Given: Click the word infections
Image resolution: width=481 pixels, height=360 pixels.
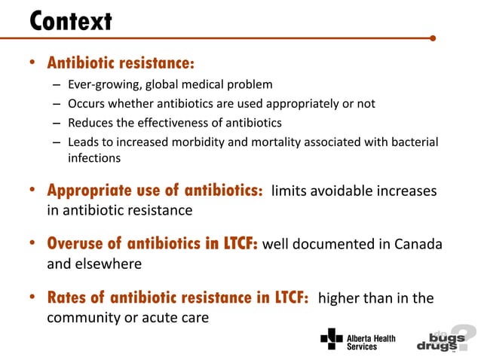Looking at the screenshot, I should pyautogui.click(x=94, y=159).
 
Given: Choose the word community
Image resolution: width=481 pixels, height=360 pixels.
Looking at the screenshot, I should pyautogui.click(x=84, y=318).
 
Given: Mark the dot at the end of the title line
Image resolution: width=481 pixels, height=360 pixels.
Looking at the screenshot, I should pyautogui.click(x=432, y=37).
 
